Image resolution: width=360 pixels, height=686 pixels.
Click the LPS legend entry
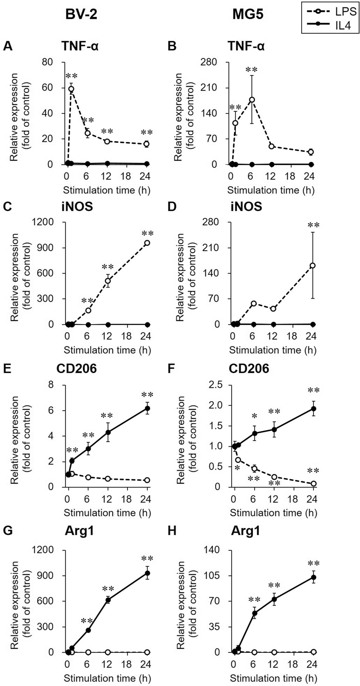(x=331, y=12)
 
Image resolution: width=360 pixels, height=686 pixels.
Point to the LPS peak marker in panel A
(x=71, y=89)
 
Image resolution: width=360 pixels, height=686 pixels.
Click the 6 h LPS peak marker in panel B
(x=252, y=100)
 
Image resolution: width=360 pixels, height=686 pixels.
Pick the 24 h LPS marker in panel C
(x=147, y=243)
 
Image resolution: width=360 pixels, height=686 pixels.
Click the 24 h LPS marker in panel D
(x=313, y=266)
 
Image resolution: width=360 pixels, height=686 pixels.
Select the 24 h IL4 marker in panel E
(x=147, y=408)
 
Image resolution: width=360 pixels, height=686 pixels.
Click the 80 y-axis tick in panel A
(x=47, y=62)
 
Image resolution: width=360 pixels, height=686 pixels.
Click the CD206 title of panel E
(x=77, y=368)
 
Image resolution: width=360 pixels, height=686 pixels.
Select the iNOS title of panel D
(x=246, y=207)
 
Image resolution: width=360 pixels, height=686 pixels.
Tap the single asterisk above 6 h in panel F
(x=254, y=416)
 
